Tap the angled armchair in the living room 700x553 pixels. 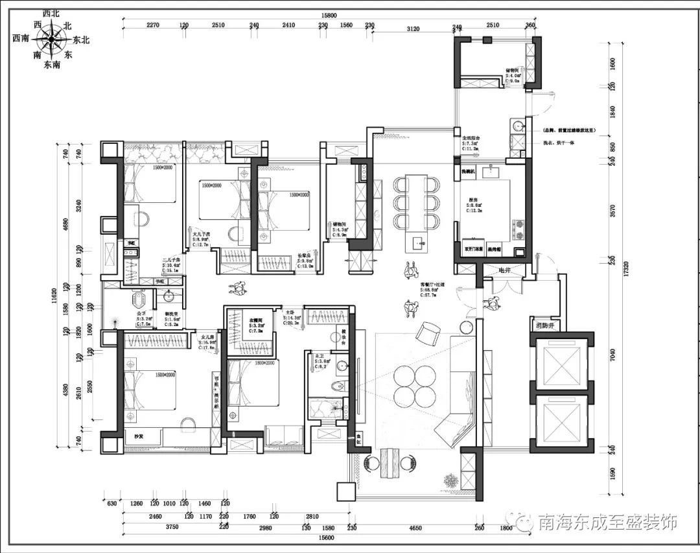[x=427, y=333]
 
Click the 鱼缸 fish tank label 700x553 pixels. [x=358, y=440]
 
